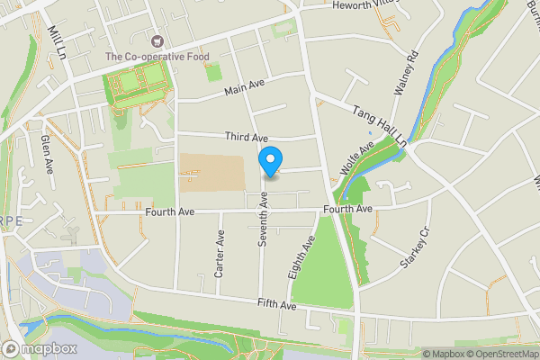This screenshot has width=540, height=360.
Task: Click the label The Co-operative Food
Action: [157, 57]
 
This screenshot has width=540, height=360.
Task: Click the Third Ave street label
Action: [247, 138]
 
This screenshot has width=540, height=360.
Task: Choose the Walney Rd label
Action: [408, 73]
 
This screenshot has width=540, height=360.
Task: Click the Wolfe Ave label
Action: [356, 158]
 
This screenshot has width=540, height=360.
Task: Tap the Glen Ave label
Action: [47, 153]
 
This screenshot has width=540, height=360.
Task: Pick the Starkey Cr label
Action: [415, 249]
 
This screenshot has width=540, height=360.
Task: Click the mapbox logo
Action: [40, 348]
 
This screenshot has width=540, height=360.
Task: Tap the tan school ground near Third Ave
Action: [211, 171]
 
